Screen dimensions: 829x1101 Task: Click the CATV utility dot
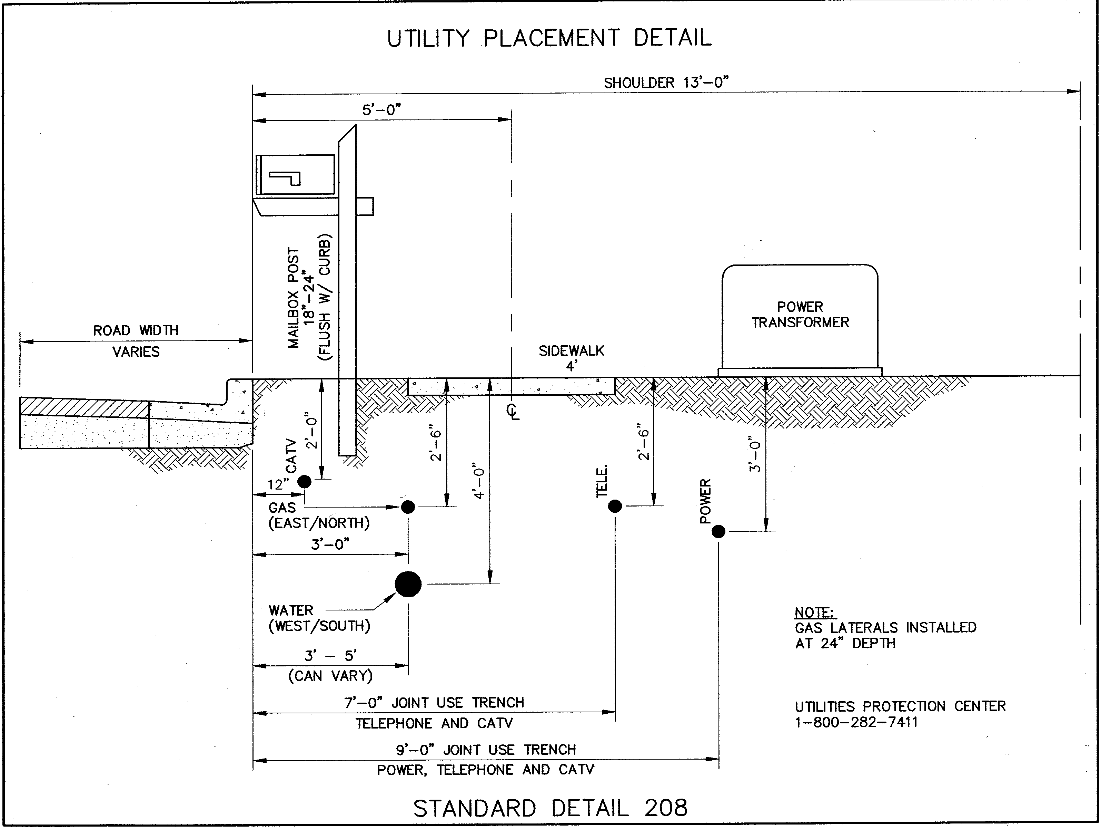pos(304,481)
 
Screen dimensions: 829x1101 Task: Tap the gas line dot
pos(408,507)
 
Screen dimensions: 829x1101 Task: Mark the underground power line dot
pos(718,532)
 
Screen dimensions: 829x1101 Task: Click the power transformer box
pos(800,319)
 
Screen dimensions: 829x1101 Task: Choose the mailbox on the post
pos(296,175)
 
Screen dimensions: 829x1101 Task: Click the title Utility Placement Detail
pos(549,38)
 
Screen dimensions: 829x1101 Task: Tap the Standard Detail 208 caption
pos(550,808)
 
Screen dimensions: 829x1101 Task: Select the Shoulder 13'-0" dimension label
pos(666,83)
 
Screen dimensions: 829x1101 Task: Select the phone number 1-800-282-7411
pos(856,722)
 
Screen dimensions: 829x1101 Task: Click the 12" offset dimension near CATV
pos(278,485)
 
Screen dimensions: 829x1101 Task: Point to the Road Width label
pos(136,331)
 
